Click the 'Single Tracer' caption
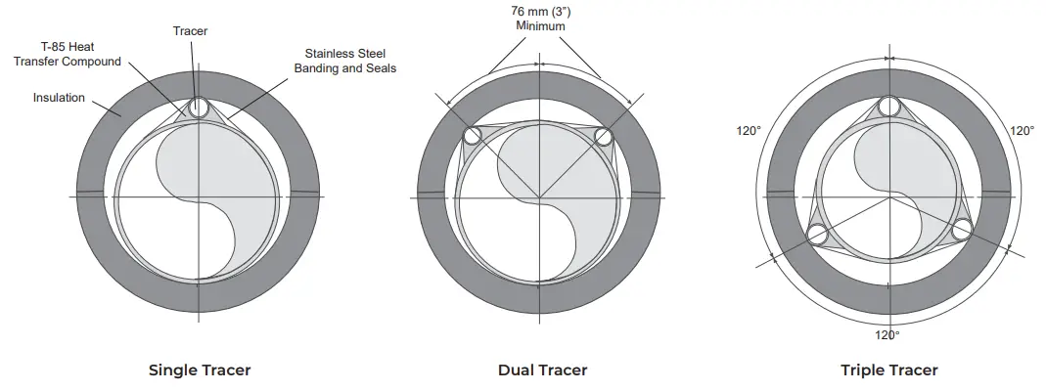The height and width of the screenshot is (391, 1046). tap(199, 370)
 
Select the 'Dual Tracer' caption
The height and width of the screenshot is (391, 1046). tap(542, 370)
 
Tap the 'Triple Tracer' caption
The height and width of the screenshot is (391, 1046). tap(888, 370)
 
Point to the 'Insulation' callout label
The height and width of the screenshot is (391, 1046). tap(59, 98)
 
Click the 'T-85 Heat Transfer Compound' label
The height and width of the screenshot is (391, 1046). tap(80, 54)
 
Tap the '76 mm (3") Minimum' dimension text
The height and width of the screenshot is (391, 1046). tap(541, 18)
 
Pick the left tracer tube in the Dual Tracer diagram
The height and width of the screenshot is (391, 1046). tap(474, 137)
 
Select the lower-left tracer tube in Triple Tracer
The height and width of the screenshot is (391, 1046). tap(815, 233)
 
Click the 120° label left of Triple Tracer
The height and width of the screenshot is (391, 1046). tap(749, 130)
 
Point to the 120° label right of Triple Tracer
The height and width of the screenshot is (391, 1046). tap(1022, 130)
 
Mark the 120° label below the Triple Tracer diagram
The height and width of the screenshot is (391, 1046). tap(887, 334)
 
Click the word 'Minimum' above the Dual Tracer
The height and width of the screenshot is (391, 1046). tap(541, 26)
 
